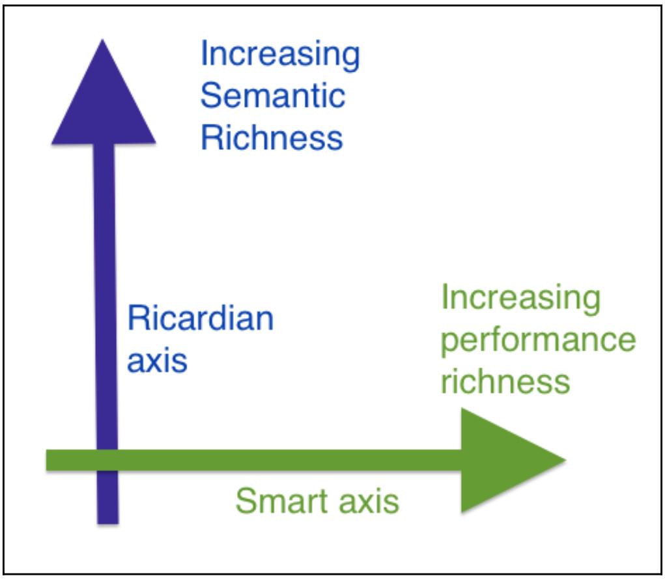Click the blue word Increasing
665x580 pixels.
(x=280, y=55)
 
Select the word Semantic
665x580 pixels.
(x=273, y=96)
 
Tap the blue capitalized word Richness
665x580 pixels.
(x=272, y=138)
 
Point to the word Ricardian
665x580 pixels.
(x=200, y=318)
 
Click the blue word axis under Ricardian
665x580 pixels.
(x=157, y=362)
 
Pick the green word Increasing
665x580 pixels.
(x=521, y=298)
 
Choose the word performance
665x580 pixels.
(x=538, y=341)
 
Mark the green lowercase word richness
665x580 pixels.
(x=505, y=381)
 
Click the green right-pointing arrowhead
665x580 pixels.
(x=514, y=460)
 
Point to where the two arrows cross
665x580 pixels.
(x=107, y=460)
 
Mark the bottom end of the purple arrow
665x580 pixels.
(x=108, y=523)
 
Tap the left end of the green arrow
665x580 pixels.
(x=47, y=460)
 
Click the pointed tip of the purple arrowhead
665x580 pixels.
(x=102, y=40)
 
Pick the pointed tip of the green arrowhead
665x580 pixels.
(x=566, y=459)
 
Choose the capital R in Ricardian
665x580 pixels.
(x=138, y=318)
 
